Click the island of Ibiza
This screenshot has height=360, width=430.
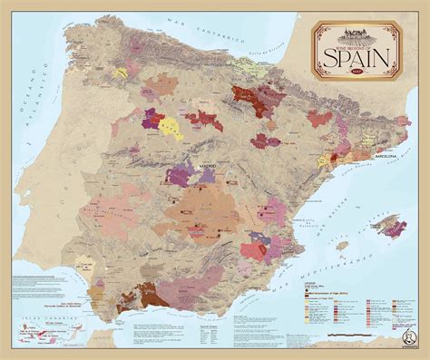(x=342, y=245)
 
